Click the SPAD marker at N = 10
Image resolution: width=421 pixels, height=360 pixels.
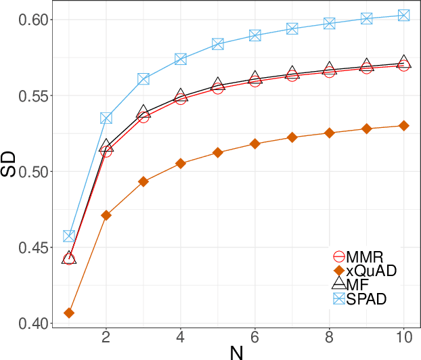point(404,15)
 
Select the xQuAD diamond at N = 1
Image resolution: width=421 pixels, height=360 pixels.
point(69,313)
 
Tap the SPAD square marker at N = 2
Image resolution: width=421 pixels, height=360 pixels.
point(106,118)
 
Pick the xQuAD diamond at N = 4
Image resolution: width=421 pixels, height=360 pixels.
point(181,163)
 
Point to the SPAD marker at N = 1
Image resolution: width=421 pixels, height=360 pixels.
point(69,236)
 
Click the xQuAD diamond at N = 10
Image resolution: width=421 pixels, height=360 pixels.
point(404,125)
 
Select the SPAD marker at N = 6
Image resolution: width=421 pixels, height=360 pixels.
point(255,35)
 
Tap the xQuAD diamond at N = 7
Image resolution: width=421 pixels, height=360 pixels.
point(292,137)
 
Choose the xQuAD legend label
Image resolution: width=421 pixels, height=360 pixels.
point(370,271)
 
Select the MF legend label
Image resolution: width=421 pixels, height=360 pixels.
point(357,285)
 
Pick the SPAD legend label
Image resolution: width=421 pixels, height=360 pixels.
point(366,299)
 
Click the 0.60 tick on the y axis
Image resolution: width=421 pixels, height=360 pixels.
point(34,20)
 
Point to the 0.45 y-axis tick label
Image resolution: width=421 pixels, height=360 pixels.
point(34,248)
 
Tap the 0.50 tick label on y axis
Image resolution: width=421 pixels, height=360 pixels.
point(34,172)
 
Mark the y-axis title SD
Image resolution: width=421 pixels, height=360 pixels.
point(9,164)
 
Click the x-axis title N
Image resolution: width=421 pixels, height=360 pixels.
point(236,352)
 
